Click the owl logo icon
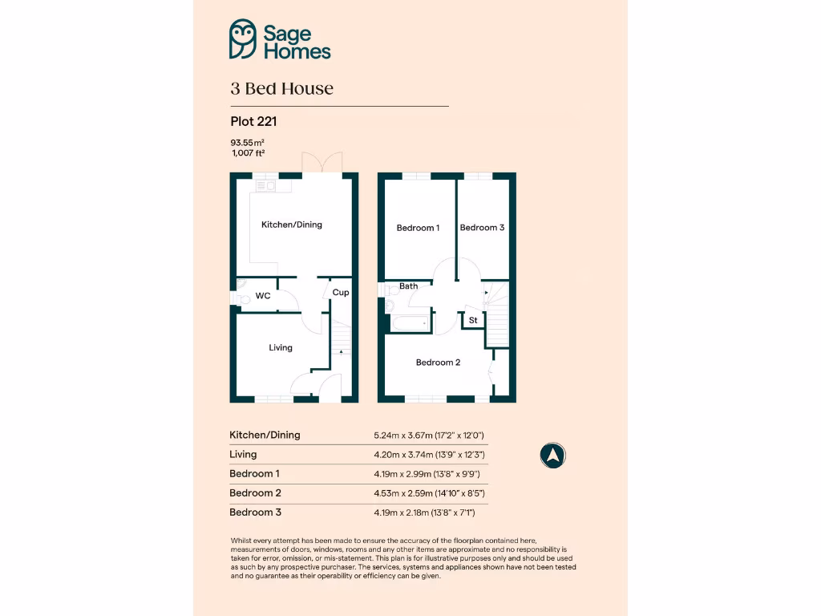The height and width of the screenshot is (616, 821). (243, 39)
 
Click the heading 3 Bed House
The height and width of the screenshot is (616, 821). (281, 88)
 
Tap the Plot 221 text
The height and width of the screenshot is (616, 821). (253, 122)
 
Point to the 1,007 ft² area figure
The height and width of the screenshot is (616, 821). (248, 152)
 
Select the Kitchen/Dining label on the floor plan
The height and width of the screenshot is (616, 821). (292, 225)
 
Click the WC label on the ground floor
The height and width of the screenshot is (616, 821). (262, 296)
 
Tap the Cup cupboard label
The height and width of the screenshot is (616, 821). (341, 293)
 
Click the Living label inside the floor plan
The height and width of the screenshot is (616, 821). (281, 347)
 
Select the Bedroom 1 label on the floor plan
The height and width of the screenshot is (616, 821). (418, 228)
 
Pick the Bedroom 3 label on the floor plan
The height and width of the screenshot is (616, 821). (482, 228)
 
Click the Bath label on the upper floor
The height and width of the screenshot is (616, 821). (409, 286)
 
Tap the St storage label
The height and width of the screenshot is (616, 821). (473, 320)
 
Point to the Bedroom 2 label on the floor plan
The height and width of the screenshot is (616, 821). (438, 363)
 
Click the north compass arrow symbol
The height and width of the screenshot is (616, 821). (552, 456)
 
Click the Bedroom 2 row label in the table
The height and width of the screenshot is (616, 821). (255, 493)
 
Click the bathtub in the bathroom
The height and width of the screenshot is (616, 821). (410, 323)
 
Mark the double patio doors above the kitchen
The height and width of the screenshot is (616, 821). (321, 161)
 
